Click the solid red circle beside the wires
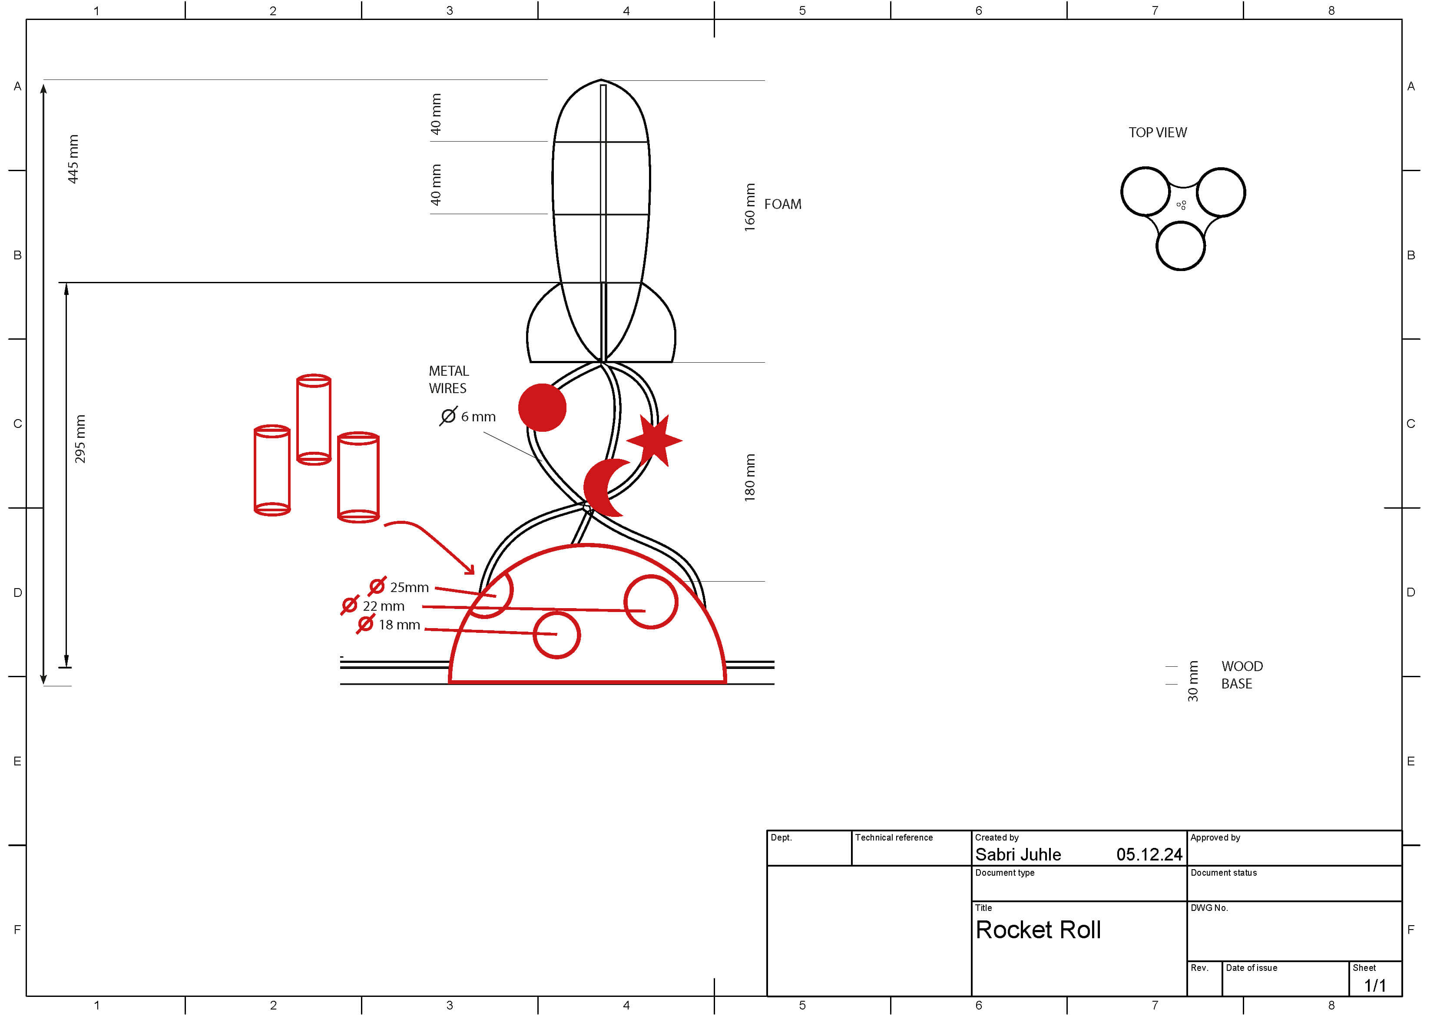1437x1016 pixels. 542,407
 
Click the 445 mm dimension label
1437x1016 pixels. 73,159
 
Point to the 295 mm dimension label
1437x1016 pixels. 80,439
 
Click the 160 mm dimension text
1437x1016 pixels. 750,207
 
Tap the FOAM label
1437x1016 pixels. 782,205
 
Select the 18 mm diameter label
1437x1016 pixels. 389,625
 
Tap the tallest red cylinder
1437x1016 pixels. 314,420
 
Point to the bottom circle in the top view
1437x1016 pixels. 1180,246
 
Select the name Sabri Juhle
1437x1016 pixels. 1018,854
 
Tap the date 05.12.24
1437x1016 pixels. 1149,854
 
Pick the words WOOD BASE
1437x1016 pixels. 1241,675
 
